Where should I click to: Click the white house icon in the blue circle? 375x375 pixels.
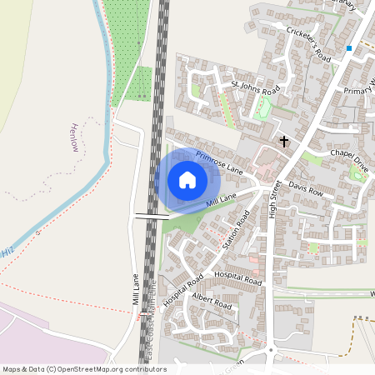pyautogui.click(x=187, y=180)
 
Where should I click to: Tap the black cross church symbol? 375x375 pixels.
pyautogui.click(x=283, y=142)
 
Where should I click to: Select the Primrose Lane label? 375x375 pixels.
pyautogui.click(x=218, y=162)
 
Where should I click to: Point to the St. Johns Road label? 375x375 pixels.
pyautogui.click(x=256, y=87)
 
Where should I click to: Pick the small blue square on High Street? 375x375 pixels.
pyautogui.click(x=349, y=48)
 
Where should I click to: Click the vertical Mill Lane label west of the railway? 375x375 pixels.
pyautogui.click(x=134, y=289)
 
